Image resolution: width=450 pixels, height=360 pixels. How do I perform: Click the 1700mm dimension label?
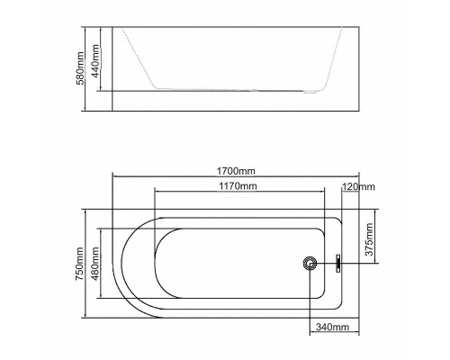[x=236, y=171]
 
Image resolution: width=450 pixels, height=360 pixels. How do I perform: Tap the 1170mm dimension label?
[x=238, y=186]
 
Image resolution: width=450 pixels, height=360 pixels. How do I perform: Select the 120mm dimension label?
[x=358, y=187]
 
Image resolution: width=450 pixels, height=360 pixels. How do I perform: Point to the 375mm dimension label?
[x=369, y=239]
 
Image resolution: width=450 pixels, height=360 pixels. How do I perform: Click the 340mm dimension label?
[x=332, y=327]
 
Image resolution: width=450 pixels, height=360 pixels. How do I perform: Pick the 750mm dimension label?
[x=79, y=264]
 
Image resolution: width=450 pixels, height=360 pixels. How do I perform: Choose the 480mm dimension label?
[x=95, y=264]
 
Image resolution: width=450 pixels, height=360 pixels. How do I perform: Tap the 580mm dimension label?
[x=80, y=68]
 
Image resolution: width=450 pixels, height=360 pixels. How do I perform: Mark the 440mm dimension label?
[x=95, y=61]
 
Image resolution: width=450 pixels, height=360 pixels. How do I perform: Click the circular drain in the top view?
[x=310, y=264]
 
